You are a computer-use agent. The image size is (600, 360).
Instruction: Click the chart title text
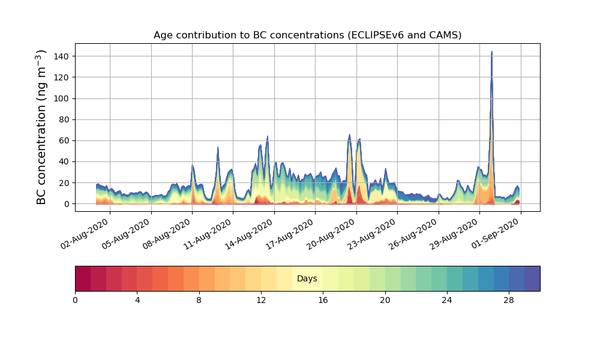(307, 35)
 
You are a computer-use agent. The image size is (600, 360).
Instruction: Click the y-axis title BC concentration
(41, 127)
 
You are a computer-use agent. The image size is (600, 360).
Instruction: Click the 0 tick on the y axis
(67, 204)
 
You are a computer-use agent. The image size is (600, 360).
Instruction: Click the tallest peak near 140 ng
(491, 52)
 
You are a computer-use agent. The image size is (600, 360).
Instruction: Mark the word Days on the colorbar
(307, 279)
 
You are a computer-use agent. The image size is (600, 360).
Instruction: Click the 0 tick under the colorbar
(75, 300)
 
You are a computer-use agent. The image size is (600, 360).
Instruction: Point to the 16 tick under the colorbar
(323, 300)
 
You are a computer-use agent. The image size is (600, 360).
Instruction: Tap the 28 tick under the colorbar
(509, 300)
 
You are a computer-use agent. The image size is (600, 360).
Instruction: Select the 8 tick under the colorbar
(199, 300)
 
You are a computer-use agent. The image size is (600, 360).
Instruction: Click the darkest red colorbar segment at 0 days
(83, 279)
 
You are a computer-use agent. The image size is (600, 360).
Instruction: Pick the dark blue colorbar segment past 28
(532, 279)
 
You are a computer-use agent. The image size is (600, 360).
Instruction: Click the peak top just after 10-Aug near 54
(218, 147)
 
